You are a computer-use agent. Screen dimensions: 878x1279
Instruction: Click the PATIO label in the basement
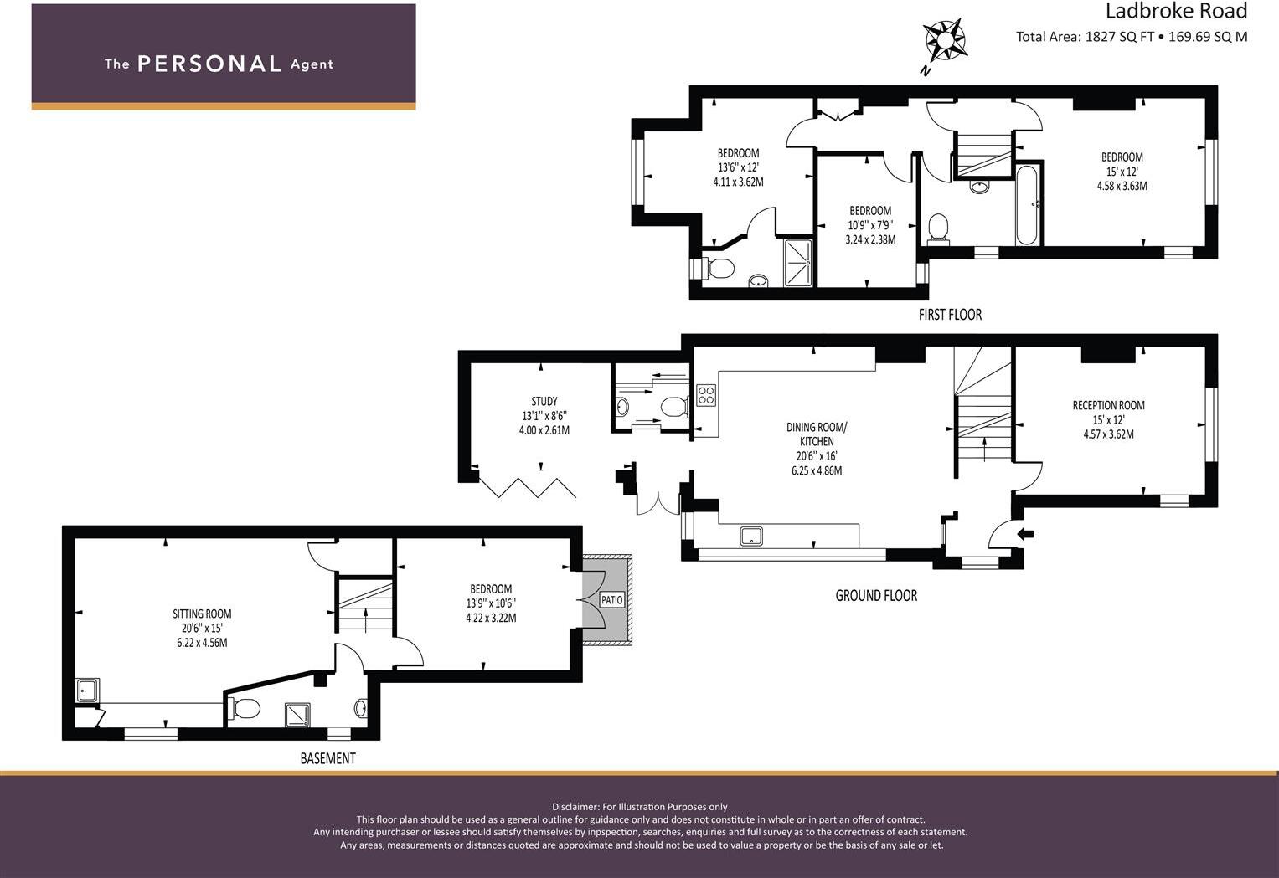[611, 600]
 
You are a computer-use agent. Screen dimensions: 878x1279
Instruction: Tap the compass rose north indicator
[944, 40]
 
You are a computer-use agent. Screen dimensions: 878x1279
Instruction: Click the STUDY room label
[544, 401]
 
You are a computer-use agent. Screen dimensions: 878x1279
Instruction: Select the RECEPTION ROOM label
[1108, 405]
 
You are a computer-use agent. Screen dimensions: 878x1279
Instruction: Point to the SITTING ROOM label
[202, 614]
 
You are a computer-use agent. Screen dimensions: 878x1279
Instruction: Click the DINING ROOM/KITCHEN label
[817, 434]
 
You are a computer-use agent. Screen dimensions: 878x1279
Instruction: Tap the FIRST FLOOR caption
[950, 315]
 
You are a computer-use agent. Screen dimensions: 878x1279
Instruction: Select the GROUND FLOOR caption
[876, 595]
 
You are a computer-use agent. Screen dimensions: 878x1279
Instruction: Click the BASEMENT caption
[327, 758]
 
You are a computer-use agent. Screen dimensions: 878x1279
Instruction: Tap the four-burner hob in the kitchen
[705, 394]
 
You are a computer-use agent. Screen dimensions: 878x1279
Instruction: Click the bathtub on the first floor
[1028, 204]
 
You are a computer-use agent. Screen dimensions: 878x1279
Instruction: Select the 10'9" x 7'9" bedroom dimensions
[870, 224]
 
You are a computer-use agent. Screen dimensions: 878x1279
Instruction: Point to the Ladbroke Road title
[1176, 11]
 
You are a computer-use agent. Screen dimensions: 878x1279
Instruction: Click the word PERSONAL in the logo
[209, 64]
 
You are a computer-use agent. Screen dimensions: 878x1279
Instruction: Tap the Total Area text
[1131, 37]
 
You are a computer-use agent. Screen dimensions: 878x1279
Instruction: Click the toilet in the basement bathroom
[245, 708]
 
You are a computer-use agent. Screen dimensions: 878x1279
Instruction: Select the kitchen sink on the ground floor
[751, 536]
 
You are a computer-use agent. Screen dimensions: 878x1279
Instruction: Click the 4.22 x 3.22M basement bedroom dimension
[491, 618]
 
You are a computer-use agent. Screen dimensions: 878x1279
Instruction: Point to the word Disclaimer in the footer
[575, 807]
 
